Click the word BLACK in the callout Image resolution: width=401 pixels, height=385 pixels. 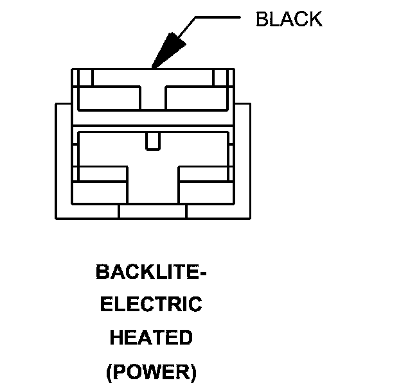click(289, 19)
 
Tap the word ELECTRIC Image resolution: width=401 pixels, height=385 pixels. click(151, 304)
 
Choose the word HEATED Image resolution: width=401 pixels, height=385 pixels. click(151, 337)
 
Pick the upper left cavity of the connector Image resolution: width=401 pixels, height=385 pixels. click(109, 98)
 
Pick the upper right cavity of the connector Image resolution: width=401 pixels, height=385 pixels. click(197, 98)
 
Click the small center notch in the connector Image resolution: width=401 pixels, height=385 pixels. click(153, 141)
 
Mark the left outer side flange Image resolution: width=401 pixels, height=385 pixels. click(63, 160)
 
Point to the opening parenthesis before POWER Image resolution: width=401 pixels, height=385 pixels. click(108, 372)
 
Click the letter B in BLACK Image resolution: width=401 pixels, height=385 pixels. click(262, 19)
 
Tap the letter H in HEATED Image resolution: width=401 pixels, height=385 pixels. click(116, 337)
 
